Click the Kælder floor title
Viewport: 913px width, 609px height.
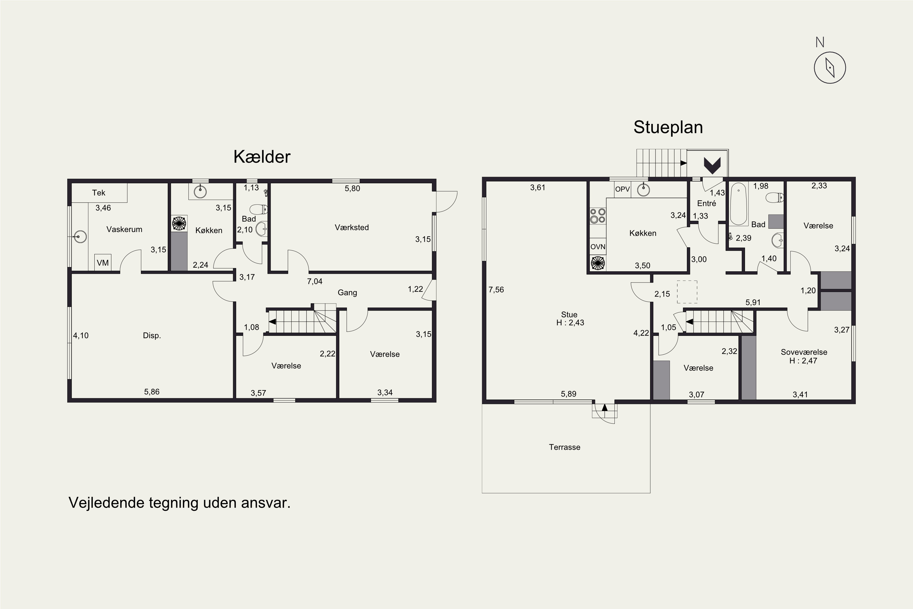[262, 157]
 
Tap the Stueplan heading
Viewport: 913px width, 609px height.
[668, 127]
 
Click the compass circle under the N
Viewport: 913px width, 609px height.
[830, 68]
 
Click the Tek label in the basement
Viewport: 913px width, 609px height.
[99, 193]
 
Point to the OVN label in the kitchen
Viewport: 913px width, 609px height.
[598, 247]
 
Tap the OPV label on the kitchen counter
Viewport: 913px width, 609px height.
[622, 189]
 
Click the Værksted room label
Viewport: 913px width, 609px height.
[352, 227]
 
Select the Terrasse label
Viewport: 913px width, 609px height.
[565, 447]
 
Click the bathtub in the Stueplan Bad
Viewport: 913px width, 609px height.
[739, 204]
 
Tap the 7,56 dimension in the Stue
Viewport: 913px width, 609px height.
[496, 290]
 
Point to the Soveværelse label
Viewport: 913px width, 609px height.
[804, 352]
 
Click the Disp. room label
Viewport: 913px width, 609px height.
[152, 336]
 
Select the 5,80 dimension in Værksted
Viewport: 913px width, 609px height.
[352, 188]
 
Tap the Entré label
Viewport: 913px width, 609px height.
[706, 203]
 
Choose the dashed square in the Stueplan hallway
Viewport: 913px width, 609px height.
[687, 291]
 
